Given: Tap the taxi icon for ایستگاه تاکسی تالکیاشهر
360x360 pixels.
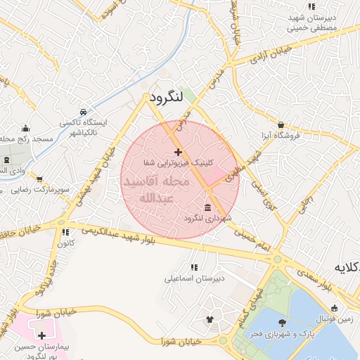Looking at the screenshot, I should click(x=84, y=112).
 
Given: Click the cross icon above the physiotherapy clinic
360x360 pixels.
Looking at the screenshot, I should click(x=178, y=152).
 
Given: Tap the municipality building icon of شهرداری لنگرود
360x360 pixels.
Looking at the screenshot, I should click(x=207, y=207).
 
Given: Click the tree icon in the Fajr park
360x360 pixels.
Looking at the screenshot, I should click(x=282, y=323).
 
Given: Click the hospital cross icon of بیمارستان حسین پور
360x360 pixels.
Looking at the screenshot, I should click(x=42, y=336).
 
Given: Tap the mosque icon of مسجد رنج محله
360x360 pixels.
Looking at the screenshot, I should click(x=26, y=128).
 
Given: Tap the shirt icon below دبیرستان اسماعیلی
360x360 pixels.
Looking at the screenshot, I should click(x=210, y=320).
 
